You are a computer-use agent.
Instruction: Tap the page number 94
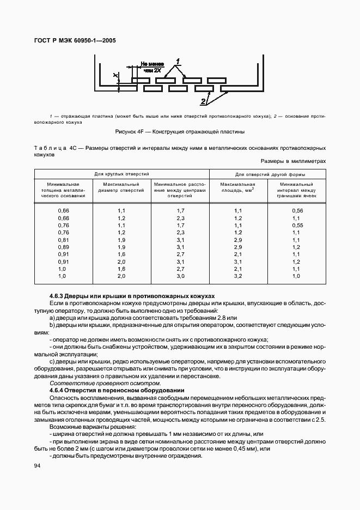coord(38,465)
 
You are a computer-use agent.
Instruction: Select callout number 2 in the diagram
coord(204,101)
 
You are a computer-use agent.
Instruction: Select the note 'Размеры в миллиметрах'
coord(293,161)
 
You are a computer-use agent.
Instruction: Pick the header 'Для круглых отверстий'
coord(121,173)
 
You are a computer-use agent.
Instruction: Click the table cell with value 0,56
coord(296,210)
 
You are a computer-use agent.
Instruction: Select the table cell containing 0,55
coord(296,225)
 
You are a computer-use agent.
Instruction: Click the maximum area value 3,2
coord(237,276)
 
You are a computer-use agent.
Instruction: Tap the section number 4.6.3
coord(58,295)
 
